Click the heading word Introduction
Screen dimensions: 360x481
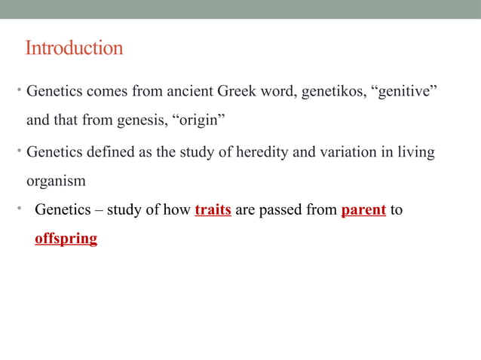point(74,49)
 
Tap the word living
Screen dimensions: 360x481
point(415,153)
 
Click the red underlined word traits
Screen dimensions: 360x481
point(213,210)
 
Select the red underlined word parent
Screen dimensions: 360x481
point(363,210)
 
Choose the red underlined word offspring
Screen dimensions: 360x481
point(66,239)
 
